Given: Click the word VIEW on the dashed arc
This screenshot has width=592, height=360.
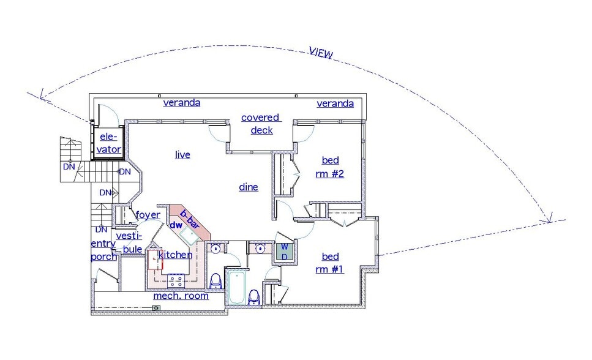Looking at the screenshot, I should point(321,53).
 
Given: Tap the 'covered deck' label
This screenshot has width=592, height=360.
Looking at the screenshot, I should point(260,124).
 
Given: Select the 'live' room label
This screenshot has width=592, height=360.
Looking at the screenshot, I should point(182,155).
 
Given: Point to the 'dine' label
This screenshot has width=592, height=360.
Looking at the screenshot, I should point(249,187).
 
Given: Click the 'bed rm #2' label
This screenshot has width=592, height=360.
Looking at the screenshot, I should point(331,167).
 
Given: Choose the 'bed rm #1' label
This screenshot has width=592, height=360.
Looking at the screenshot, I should point(331,263).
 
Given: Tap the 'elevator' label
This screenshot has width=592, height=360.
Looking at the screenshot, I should point(108,143).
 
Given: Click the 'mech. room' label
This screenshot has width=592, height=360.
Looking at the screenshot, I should point(181,296).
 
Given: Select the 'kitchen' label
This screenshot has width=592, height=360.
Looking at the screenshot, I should point(176,255).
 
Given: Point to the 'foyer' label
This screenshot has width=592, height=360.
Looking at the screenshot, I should point(148,215).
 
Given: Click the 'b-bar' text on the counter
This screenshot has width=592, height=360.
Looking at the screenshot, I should point(190,218).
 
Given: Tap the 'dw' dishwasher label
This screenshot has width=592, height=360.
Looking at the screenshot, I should point(176,225).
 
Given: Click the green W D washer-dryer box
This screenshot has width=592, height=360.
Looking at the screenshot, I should point(284,252).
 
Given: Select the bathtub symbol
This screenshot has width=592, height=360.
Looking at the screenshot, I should point(236,288).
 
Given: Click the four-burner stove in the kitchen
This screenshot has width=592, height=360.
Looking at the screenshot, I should point(177,280).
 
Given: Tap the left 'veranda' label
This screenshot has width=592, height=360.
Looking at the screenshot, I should point(181,103).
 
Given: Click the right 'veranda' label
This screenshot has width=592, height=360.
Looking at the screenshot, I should point(335,104).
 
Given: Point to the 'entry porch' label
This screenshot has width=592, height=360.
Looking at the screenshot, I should point(103,250).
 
